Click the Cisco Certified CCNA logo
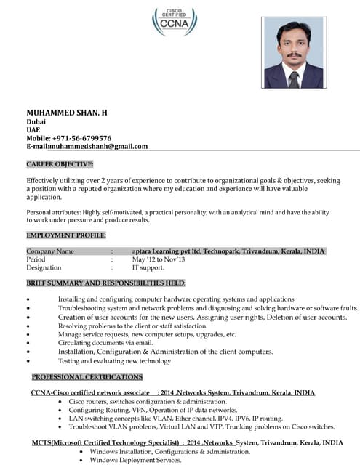174,21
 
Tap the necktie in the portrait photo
293,78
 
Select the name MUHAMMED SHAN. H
67,113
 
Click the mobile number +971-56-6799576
81,138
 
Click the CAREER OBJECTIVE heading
60,164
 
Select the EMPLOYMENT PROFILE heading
66,235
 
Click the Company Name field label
50,251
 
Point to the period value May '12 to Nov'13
159,259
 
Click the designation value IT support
148,267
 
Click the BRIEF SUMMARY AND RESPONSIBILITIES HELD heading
106,283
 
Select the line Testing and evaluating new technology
115,361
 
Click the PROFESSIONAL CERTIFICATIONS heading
87,377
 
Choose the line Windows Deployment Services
135,460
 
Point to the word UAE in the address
33,130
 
